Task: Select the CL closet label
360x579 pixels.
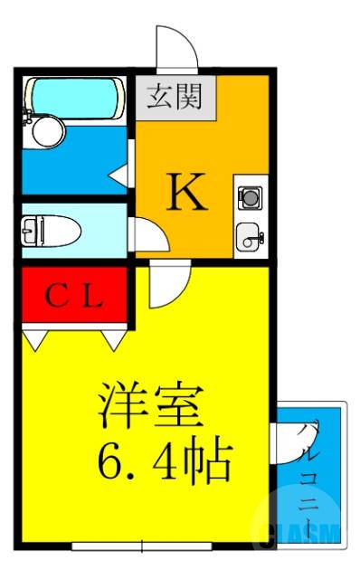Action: click(76, 296)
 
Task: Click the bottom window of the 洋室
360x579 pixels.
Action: click(142, 546)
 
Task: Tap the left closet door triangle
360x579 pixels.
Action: click(35, 339)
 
